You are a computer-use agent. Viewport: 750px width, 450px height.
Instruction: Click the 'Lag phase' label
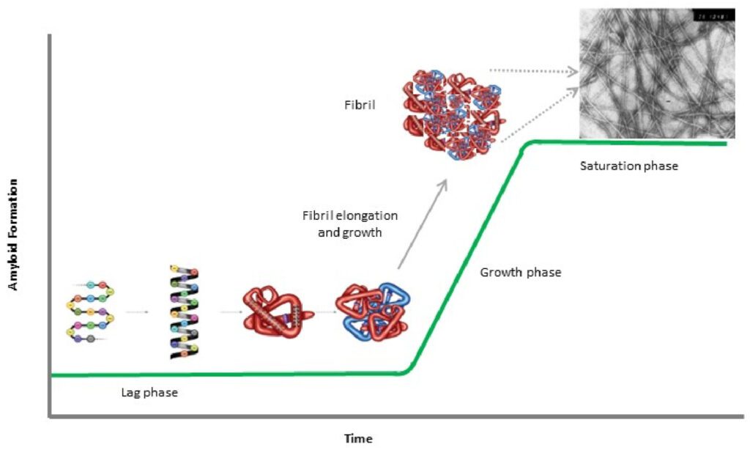tap(149, 393)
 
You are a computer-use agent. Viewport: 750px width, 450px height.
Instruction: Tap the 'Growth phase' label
tap(520, 273)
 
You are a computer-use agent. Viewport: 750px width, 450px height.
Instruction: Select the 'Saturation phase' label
tap(629, 166)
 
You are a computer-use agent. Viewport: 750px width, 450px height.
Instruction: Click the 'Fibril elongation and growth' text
tap(350, 223)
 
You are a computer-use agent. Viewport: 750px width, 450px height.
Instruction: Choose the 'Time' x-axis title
tap(358, 439)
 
